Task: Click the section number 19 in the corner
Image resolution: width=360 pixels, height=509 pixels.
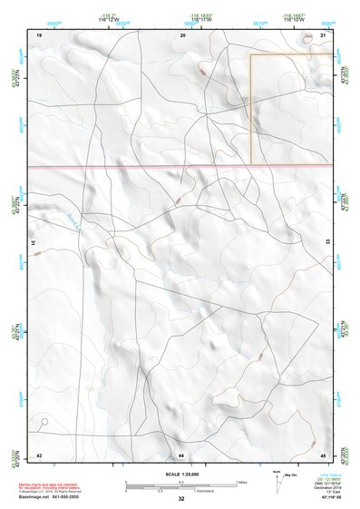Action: (x=39, y=34)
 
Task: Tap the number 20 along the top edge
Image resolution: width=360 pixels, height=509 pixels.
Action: (x=182, y=34)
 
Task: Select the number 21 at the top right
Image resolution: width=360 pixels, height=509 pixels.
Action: (x=324, y=34)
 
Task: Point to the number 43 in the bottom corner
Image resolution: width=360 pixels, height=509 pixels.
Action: (x=39, y=454)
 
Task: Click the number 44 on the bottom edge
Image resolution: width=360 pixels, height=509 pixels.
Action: (x=181, y=454)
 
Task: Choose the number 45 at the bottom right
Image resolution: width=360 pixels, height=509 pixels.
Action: (x=324, y=454)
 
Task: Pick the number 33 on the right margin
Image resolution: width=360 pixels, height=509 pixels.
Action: (x=327, y=243)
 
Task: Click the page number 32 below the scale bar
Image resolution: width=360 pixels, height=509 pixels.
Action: (x=181, y=499)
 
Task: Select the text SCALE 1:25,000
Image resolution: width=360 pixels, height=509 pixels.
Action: (x=181, y=474)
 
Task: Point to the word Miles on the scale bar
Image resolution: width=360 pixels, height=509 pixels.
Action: (x=240, y=482)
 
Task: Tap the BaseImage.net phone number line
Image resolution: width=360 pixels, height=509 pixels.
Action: (x=48, y=498)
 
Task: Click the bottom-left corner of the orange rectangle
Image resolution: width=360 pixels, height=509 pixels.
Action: (x=251, y=164)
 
